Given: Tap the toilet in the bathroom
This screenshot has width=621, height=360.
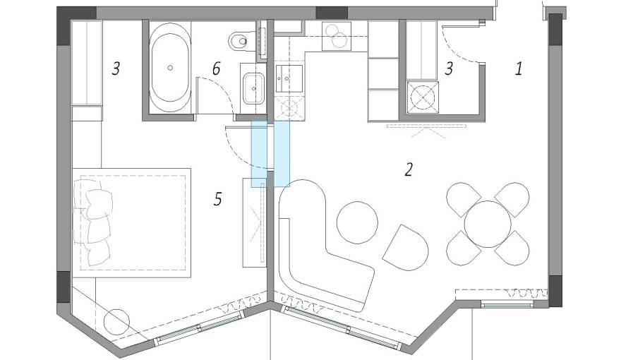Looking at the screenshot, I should pyautogui.click(x=241, y=41).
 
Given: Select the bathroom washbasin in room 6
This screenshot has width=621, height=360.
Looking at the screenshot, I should pyautogui.click(x=252, y=88).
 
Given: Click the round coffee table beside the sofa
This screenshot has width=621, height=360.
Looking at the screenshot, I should pyautogui.click(x=358, y=222).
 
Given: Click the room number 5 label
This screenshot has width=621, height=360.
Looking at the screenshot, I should pyautogui.click(x=217, y=200).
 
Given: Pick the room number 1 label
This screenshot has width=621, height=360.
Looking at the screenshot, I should pyautogui.click(x=519, y=69).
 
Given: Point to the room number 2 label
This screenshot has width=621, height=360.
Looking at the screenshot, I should pyautogui.click(x=407, y=169).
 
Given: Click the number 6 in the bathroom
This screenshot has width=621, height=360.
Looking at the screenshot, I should pyautogui.click(x=217, y=68).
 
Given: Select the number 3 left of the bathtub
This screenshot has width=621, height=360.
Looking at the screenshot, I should pyautogui.click(x=116, y=68).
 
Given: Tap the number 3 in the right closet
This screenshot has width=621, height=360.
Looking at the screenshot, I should pyautogui.click(x=449, y=68).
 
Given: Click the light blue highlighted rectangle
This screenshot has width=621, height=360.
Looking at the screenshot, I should pyautogui.click(x=271, y=153).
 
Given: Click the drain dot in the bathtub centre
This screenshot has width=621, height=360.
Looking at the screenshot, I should pyautogui.click(x=170, y=68).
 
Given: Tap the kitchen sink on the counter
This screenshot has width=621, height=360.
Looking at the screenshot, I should pyautogui.click(x=287, y=78).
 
